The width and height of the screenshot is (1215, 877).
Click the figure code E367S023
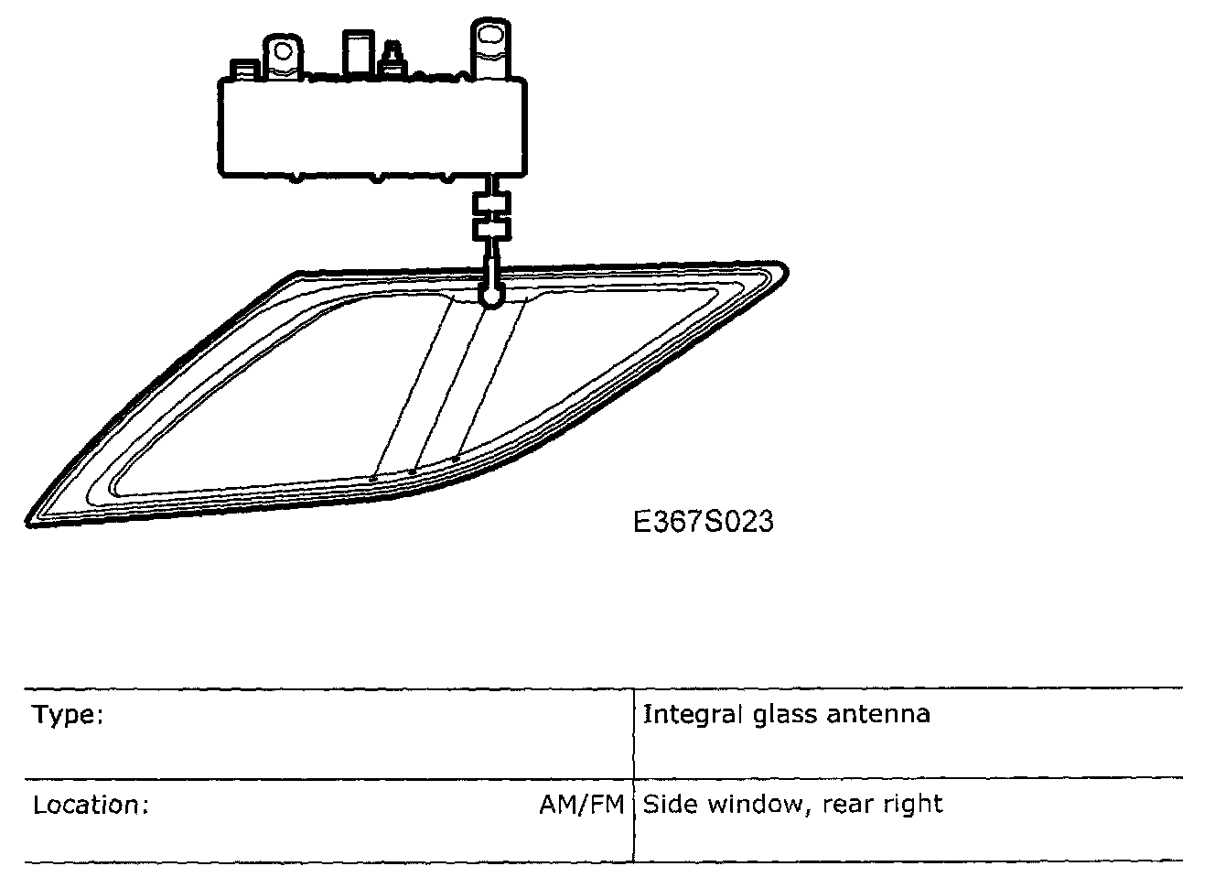(703, 521)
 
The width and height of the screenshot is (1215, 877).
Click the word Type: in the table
(68, 714)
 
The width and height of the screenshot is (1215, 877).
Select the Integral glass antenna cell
(786, 713)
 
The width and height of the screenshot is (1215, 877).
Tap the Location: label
(91, 805)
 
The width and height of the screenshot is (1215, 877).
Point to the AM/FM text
(581, 805)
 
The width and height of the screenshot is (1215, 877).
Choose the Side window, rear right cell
(792, 805)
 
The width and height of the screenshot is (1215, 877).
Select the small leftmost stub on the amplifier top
(244, 70)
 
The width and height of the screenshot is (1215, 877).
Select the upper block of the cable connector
(491, 203)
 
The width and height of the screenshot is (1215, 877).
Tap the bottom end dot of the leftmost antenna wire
(372, 478)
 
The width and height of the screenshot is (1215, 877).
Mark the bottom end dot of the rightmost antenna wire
(456, 459)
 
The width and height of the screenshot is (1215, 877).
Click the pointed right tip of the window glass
(784, 270)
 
